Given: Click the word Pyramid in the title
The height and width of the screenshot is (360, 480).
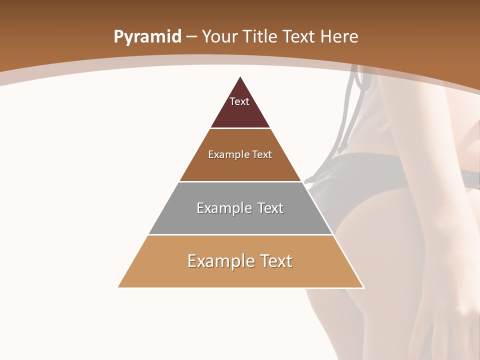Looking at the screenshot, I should (147, 36).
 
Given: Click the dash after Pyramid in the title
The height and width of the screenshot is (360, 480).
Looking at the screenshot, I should (191, 37).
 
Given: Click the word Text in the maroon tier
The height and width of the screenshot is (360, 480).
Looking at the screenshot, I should (239, 101).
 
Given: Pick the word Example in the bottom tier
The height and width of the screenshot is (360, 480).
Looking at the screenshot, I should (217, 261).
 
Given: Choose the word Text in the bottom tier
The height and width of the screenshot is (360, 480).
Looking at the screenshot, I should (275, 261).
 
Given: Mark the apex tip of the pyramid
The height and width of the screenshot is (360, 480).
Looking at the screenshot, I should (240, 76).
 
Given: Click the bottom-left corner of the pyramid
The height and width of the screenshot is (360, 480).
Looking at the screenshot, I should (118, 287).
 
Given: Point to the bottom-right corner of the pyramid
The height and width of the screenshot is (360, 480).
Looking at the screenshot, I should (363, 287).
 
